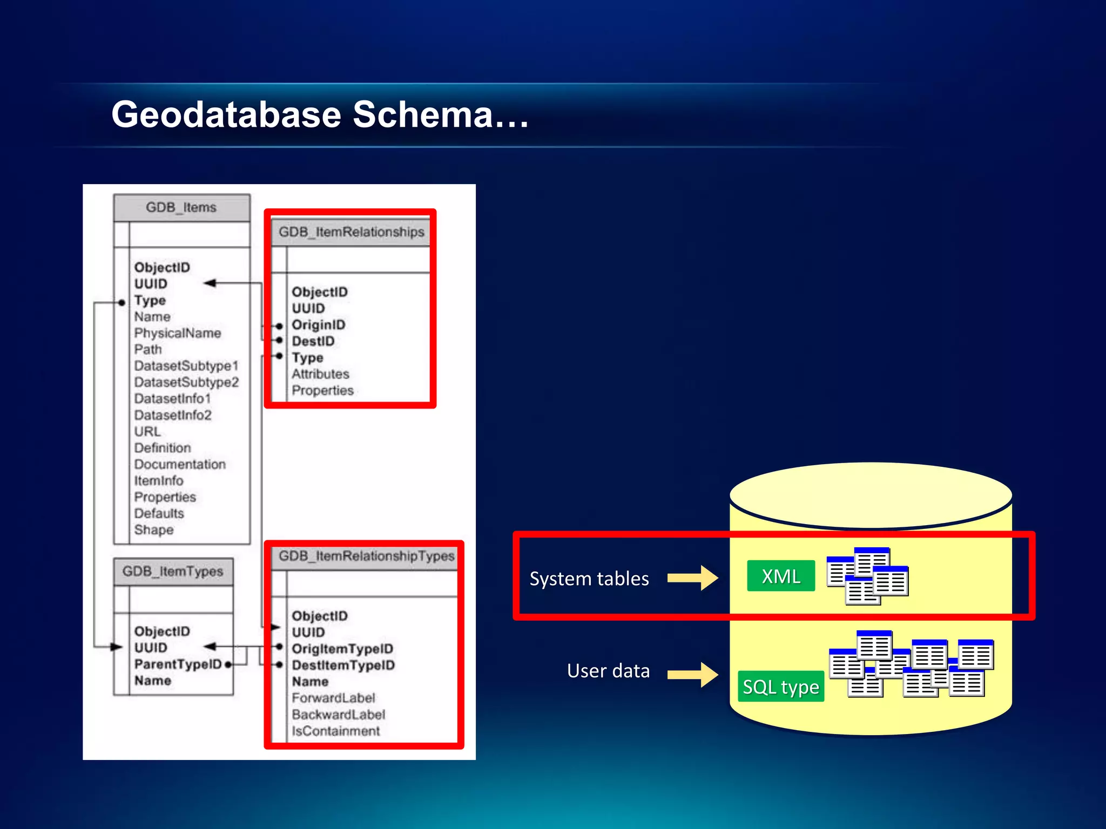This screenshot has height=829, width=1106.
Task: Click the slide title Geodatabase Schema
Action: coord(320,114)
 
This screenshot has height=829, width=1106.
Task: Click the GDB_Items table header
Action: coord(181,208)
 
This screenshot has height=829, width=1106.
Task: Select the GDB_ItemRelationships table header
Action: coord(352,232)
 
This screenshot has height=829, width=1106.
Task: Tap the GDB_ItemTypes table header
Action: coord(173,572)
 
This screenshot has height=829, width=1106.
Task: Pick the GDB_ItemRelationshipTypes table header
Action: coord(366,556)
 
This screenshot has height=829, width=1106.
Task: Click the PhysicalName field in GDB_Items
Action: coord(177,333)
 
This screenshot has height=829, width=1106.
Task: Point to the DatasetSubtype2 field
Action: coord(186,382)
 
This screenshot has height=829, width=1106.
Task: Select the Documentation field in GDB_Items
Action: coord(180,464)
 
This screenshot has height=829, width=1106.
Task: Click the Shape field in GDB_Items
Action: coord(154,530)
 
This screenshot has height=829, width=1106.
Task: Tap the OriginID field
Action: coord(318,325)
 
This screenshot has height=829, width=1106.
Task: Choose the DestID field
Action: coord(313,341)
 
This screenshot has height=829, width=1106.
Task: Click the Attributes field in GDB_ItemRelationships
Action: coord(320,374)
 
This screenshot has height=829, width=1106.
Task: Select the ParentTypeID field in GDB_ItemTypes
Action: coord(178,664)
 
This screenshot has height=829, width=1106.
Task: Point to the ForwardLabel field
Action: coord(333,698)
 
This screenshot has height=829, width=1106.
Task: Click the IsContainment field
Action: coord(335,731)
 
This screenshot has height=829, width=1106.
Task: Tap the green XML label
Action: coord(780,576)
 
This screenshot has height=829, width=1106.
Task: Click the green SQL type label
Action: coord(780,687)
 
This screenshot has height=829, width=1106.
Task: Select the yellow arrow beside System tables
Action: coord(692,578)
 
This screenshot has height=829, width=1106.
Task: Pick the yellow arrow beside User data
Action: coord(692,674)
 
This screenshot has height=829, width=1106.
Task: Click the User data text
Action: coord(608,671)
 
